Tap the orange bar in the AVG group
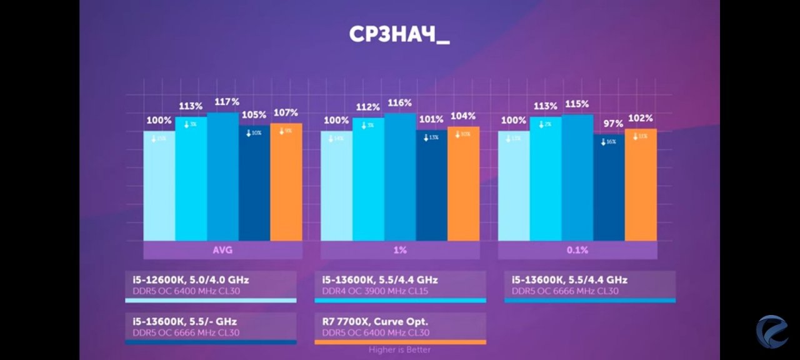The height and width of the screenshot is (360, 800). tap(286, 182)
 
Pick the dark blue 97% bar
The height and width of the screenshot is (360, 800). tap(609, 187)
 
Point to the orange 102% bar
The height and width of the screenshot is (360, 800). tap(641, 185)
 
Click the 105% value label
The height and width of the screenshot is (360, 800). tap(254, 115)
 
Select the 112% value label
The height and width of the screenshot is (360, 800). tap(368, 107)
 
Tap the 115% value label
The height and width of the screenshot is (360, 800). tap(577, 104)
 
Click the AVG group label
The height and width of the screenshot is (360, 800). tap(222, 250)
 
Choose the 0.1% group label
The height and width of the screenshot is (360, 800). tap(577, 250)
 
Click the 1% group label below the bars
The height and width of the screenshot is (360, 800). tap(400, 250)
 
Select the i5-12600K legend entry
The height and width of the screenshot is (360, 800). tap(211, 285)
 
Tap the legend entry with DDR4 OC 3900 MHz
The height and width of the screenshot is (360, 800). tap(400, 285)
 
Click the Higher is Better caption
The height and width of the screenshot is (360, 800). tap(399, 350)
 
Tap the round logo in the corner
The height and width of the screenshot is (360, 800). tap(772, 331)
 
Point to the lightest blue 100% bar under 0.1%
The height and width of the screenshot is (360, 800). tap(514, 186)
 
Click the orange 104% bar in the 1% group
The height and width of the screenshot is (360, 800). tap(463, 184)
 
